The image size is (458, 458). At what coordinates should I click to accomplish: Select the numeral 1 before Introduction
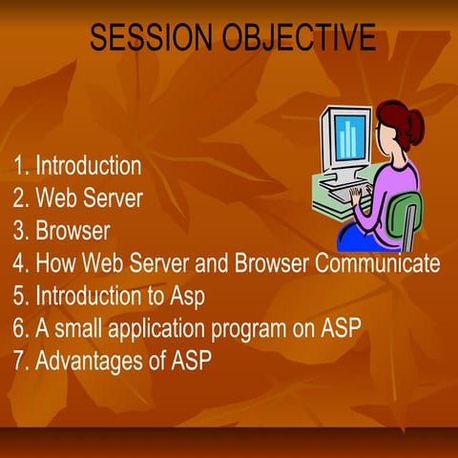19,166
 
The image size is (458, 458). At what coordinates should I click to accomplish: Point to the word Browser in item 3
73,231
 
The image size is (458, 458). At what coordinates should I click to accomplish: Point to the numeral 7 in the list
20,361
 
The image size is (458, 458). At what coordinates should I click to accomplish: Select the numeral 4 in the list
20,263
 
